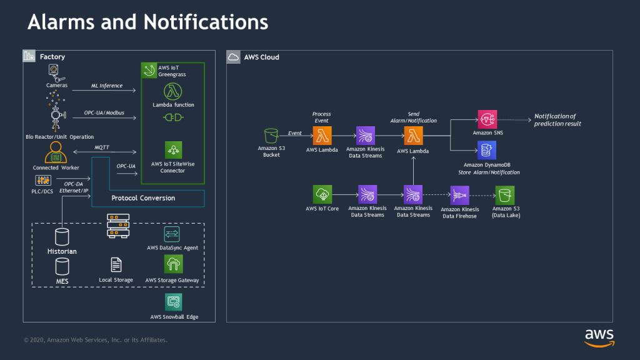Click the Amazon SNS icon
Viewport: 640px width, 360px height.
pyautogui.click(x=486, y=119)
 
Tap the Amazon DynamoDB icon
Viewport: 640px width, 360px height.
pyautogui.click(x=486, y=150)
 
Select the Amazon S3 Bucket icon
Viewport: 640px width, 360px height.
pyautogui.click(x=271, y=135)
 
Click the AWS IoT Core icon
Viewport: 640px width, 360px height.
pyautogui.click(x=322, y=194)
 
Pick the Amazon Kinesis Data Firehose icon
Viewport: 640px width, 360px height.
pyautogui.click(x=459, y=194)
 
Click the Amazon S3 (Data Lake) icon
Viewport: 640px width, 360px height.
pyautogui.click(x=504, y=194)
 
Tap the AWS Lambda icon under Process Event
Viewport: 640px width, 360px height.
pyautogui.click(x=322, y=135)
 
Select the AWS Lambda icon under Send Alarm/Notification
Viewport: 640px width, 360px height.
pyautogui.click(x=413, y=135)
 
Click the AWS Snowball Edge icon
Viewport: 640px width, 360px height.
pyautogui.click(x=174, y=302)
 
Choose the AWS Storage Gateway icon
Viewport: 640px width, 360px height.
pyautogui.click(x=173, y=265)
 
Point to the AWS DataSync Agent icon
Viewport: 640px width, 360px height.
pyautogui.click(x=172, y=234)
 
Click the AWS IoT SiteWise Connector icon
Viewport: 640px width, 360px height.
pyautogui.click(x=173, y=150)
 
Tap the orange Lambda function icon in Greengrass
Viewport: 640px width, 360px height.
pyautogui.click(x=173, y=91)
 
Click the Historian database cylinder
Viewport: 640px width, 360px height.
pyautogui.click(x=61, y=237)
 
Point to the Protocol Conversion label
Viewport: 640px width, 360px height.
pyautogui.click(x=143, y=198)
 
